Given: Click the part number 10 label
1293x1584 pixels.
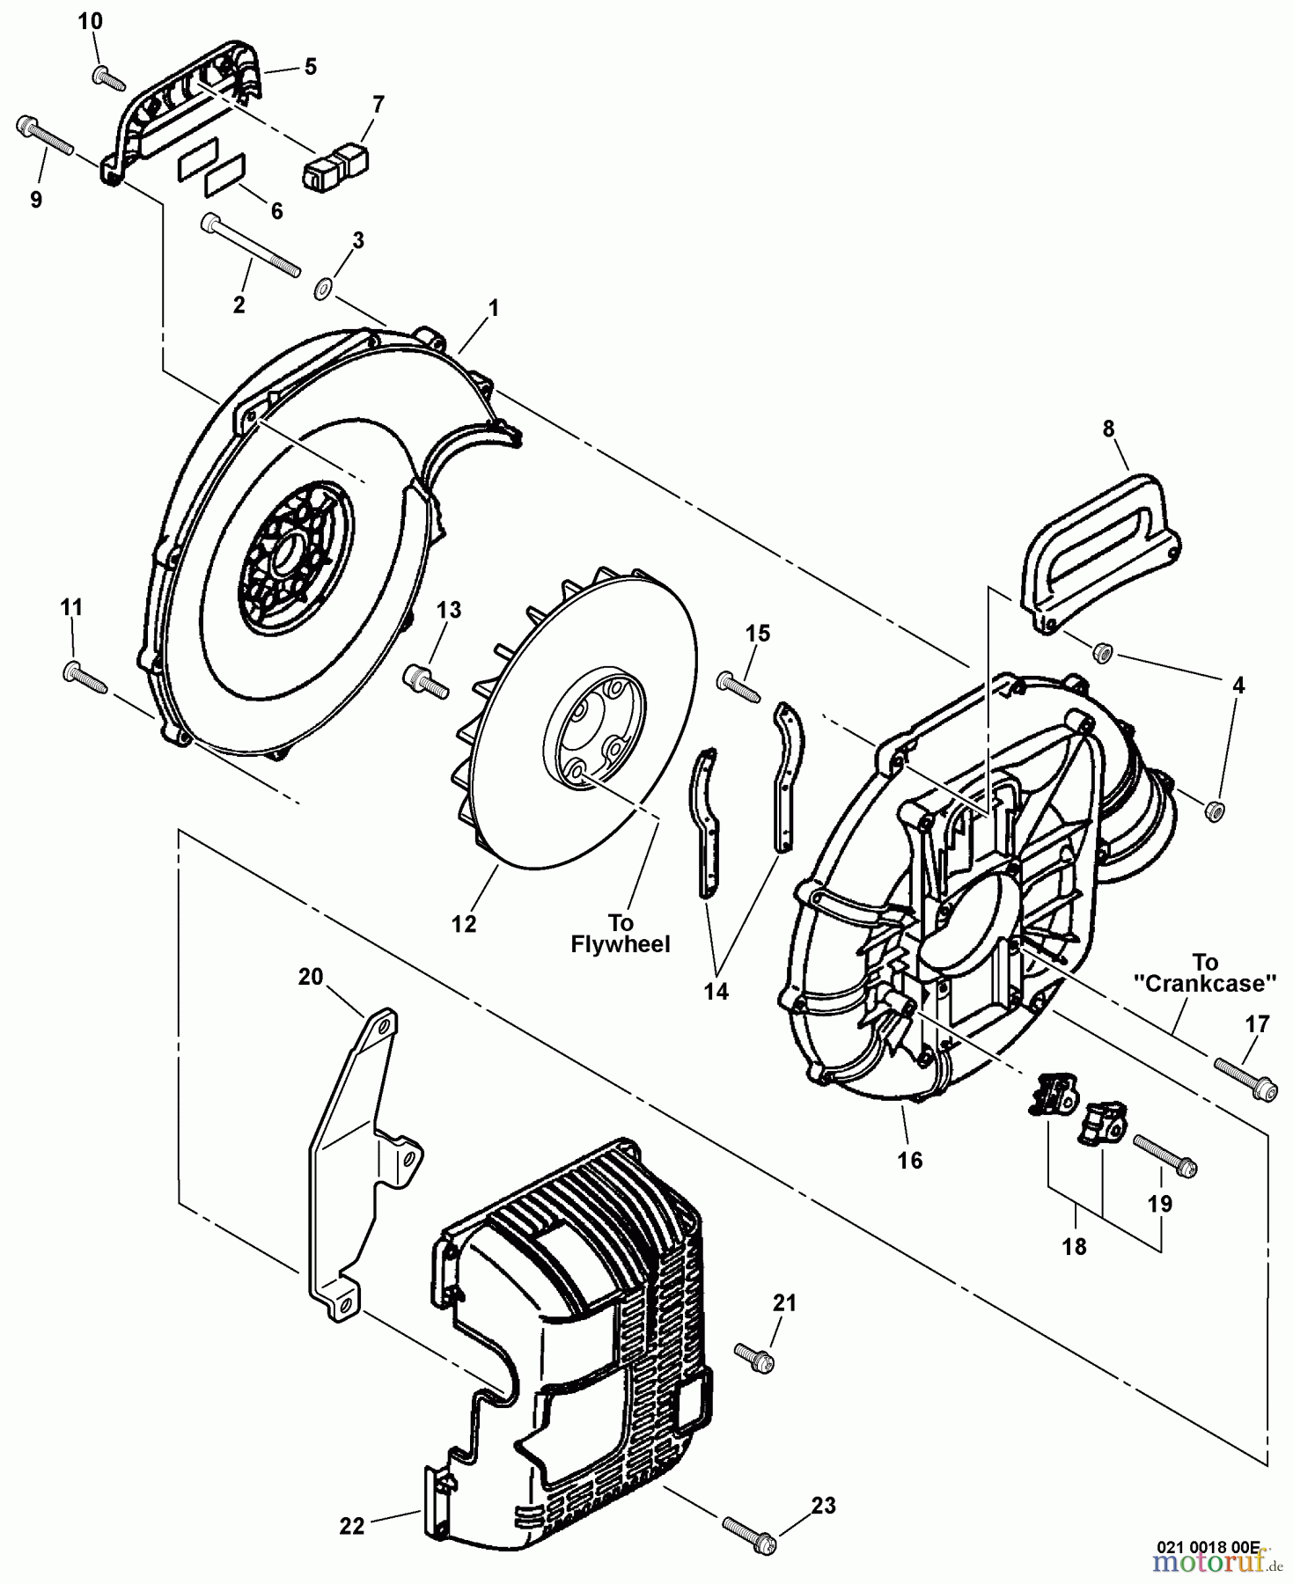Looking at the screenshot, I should pyautogui.click(x=90, y=21).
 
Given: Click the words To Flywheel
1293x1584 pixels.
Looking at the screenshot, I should pyautogui.click(x=620, y=934).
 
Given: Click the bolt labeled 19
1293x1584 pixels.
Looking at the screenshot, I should pyautogui.click(x=1164, y=1155).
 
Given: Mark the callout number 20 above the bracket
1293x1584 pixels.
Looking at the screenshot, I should pyautogui.click(x=311, y=977).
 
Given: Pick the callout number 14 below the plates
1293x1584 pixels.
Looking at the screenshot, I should pyautogui.click(x=716, y=991).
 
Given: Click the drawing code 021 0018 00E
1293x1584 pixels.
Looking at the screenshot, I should pyautogui.click(x=1207, y=1545).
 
